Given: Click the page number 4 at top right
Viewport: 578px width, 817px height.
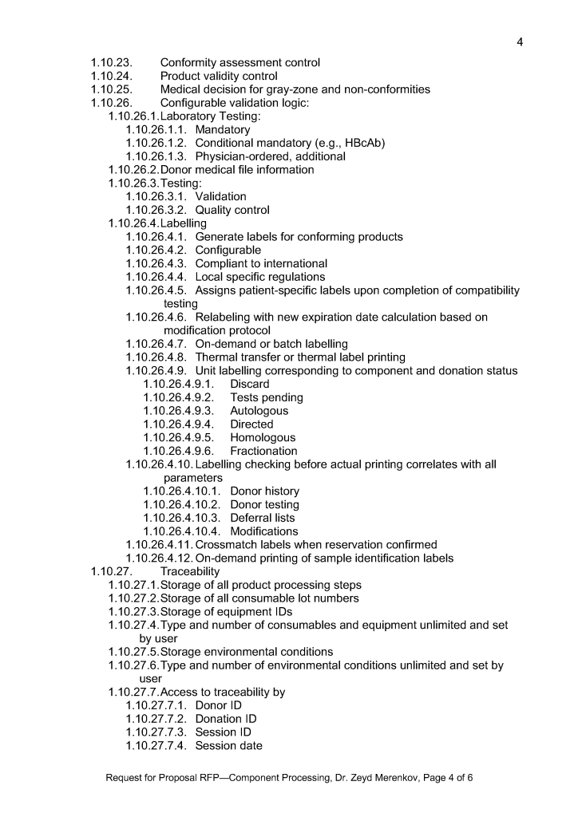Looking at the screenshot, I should tap(519, 42).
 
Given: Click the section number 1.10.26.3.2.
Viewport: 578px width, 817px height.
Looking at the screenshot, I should tap(157, 210).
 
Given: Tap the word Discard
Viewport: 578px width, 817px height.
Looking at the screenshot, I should tap(250, 385).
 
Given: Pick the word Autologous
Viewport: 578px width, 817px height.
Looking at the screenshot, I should tap(259, 411).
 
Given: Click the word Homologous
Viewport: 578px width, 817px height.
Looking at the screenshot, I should tap(263, 438).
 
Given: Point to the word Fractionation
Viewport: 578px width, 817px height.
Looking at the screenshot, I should tap(263, 451).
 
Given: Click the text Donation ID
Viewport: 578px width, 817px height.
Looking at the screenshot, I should tap(226, 719).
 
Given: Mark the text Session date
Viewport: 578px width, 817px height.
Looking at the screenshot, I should tap(229, 746).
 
